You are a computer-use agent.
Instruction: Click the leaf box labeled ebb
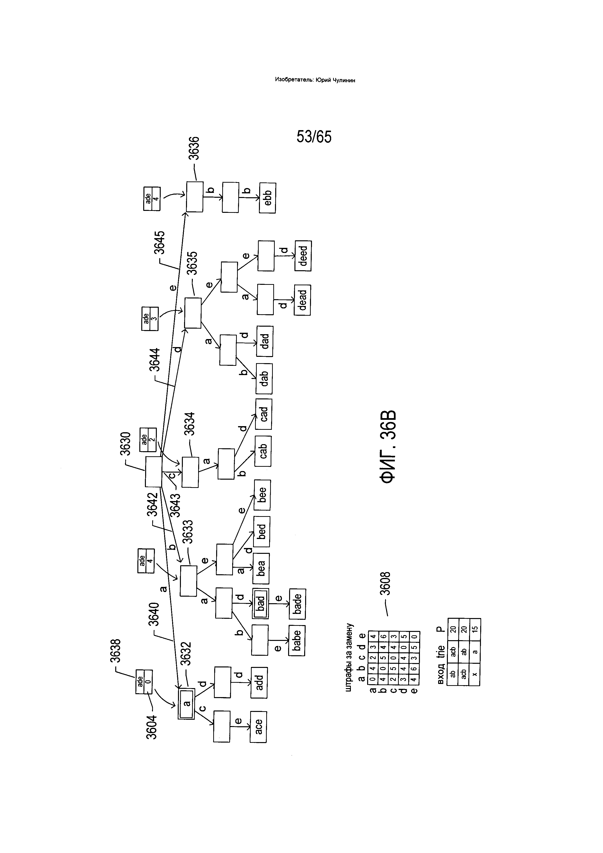267,198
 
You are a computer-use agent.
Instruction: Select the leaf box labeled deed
303,256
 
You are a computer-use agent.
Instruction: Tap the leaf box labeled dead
302,300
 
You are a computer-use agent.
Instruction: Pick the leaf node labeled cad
264,414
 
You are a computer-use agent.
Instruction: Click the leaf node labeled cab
263,451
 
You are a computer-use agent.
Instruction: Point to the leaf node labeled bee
262,495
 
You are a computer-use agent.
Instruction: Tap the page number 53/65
314,137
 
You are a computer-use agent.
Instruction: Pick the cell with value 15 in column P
475,629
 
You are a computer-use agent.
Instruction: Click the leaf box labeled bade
297,604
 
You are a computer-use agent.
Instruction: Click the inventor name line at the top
315,80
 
